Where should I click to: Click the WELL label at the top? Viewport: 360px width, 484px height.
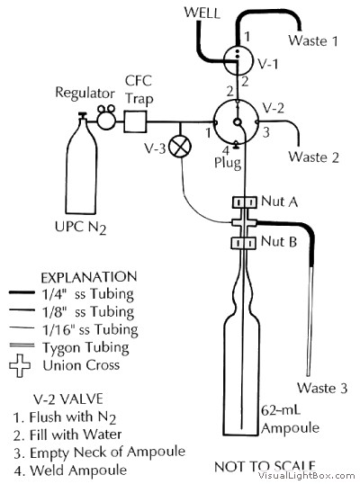coord(202,13)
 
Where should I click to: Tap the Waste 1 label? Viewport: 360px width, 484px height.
coord(313,40)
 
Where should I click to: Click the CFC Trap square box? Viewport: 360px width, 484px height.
coord(135,122)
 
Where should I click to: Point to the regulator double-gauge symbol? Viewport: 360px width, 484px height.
coord(106,117)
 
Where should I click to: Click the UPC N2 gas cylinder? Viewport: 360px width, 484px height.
coord(81,164)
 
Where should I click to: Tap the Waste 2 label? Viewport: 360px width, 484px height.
coord(314,157)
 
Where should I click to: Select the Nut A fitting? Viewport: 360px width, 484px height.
coord(245,202)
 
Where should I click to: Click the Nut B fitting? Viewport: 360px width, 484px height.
coord(244,243)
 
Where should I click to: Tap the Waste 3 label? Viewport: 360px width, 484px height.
coord(322,388)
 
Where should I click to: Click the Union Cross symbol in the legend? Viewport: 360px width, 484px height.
coord(20,365)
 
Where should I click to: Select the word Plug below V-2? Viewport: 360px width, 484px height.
coord(228,163)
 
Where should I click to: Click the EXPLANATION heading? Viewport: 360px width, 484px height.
coord(89,277)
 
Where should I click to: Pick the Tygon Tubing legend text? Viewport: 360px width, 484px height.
coord(85,348)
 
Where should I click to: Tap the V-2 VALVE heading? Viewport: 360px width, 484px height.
coord(67,399)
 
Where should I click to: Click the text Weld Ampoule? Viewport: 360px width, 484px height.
coord(78,471)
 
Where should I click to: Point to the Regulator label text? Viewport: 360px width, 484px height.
coord(85,94)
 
